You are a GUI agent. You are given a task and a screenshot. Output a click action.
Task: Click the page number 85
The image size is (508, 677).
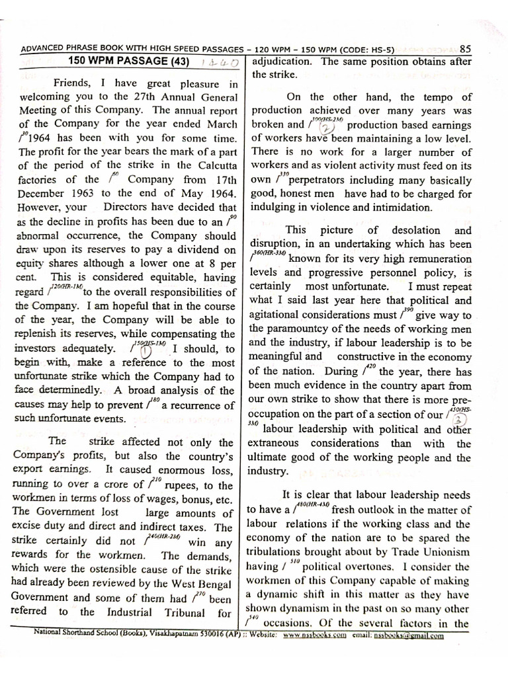(x=465, y=48)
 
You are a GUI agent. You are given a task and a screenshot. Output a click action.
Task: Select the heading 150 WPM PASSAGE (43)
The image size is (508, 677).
(x=128, y=61)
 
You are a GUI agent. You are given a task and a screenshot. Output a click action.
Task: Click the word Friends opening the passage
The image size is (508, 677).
(x=75, y=83)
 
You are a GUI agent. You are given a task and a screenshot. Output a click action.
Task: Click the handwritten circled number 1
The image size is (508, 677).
(x=145, y=352)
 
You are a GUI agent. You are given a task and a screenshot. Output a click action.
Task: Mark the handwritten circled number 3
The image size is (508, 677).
(x=461, y=419)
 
